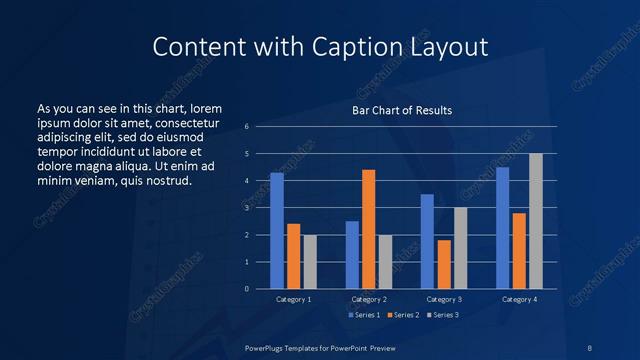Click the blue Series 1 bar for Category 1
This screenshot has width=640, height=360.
(277, 231)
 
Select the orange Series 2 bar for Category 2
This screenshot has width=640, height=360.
(368, 229)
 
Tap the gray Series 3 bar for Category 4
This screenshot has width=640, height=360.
(536, 221)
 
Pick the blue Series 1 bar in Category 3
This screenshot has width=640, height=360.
(427, 241)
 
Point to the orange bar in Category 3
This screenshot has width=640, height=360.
(444, 264)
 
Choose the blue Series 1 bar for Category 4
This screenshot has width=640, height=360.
(503, 227)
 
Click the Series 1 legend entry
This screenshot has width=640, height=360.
(364, 316)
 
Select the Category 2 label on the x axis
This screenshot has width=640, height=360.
(368, 299)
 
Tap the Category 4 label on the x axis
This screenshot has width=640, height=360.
(519, 299)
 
